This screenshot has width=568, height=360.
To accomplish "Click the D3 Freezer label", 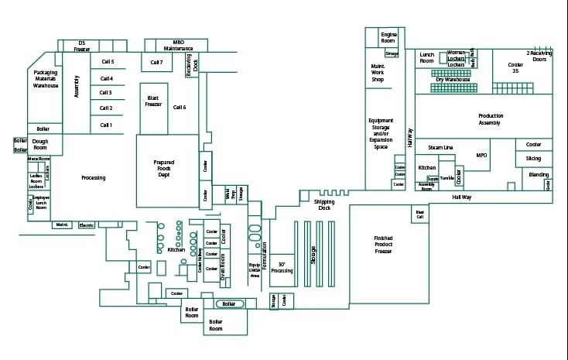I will point(82,46).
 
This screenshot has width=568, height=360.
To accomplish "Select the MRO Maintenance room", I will point(178,45).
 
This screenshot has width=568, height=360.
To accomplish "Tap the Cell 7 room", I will point(156,62).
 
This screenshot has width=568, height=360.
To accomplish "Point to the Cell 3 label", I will point(106,93).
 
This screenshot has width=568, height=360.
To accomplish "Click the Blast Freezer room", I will point(153,101).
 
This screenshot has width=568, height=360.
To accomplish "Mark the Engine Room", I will point(388,36).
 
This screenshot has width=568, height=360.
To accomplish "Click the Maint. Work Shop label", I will point(378,73).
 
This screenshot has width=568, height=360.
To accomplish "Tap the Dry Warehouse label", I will point(453,79).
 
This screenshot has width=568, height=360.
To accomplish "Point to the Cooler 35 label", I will point(515,67).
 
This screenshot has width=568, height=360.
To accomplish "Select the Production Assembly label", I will point(490,119).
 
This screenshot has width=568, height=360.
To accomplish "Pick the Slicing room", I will point(534,159).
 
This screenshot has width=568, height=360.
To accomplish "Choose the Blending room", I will point(539,175).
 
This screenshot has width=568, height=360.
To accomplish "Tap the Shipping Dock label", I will point(326,204).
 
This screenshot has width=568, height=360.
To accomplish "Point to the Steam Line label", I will point(440,147).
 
